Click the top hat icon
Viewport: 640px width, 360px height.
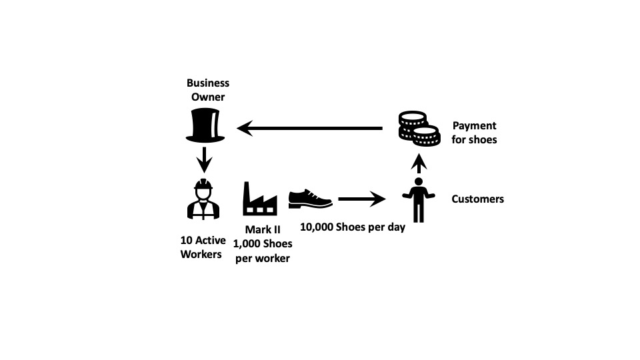click(x=205, y=125)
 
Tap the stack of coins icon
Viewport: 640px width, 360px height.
click(x=419, y=129)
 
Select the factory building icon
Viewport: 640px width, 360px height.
click(x=260, y=199)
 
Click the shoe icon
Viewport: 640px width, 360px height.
click(x=310, y=199)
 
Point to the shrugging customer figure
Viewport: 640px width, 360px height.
click(x=419, y=200)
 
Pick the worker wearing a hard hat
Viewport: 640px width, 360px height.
click(x=203, y=199)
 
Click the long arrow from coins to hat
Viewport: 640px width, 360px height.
click(x=310, y=128)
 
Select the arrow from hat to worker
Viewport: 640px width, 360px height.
click(x=204, y=159)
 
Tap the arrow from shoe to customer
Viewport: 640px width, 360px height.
click(x=362, y=199)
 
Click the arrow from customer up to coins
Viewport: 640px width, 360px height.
click(x=419, y=163)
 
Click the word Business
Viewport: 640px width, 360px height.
click(x=208, y=83)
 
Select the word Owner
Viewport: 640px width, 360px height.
click(x=208, y=97)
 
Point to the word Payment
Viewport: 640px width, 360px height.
click(x=474, y=126)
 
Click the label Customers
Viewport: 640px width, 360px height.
click(x=477, y=199)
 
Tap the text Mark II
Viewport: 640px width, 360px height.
click(x=263, y=229)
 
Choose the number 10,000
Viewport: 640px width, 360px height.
click(x=316, y=227)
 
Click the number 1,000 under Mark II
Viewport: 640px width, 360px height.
click(x=247, y=244)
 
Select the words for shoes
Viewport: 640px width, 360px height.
click(x=474, y=139)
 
